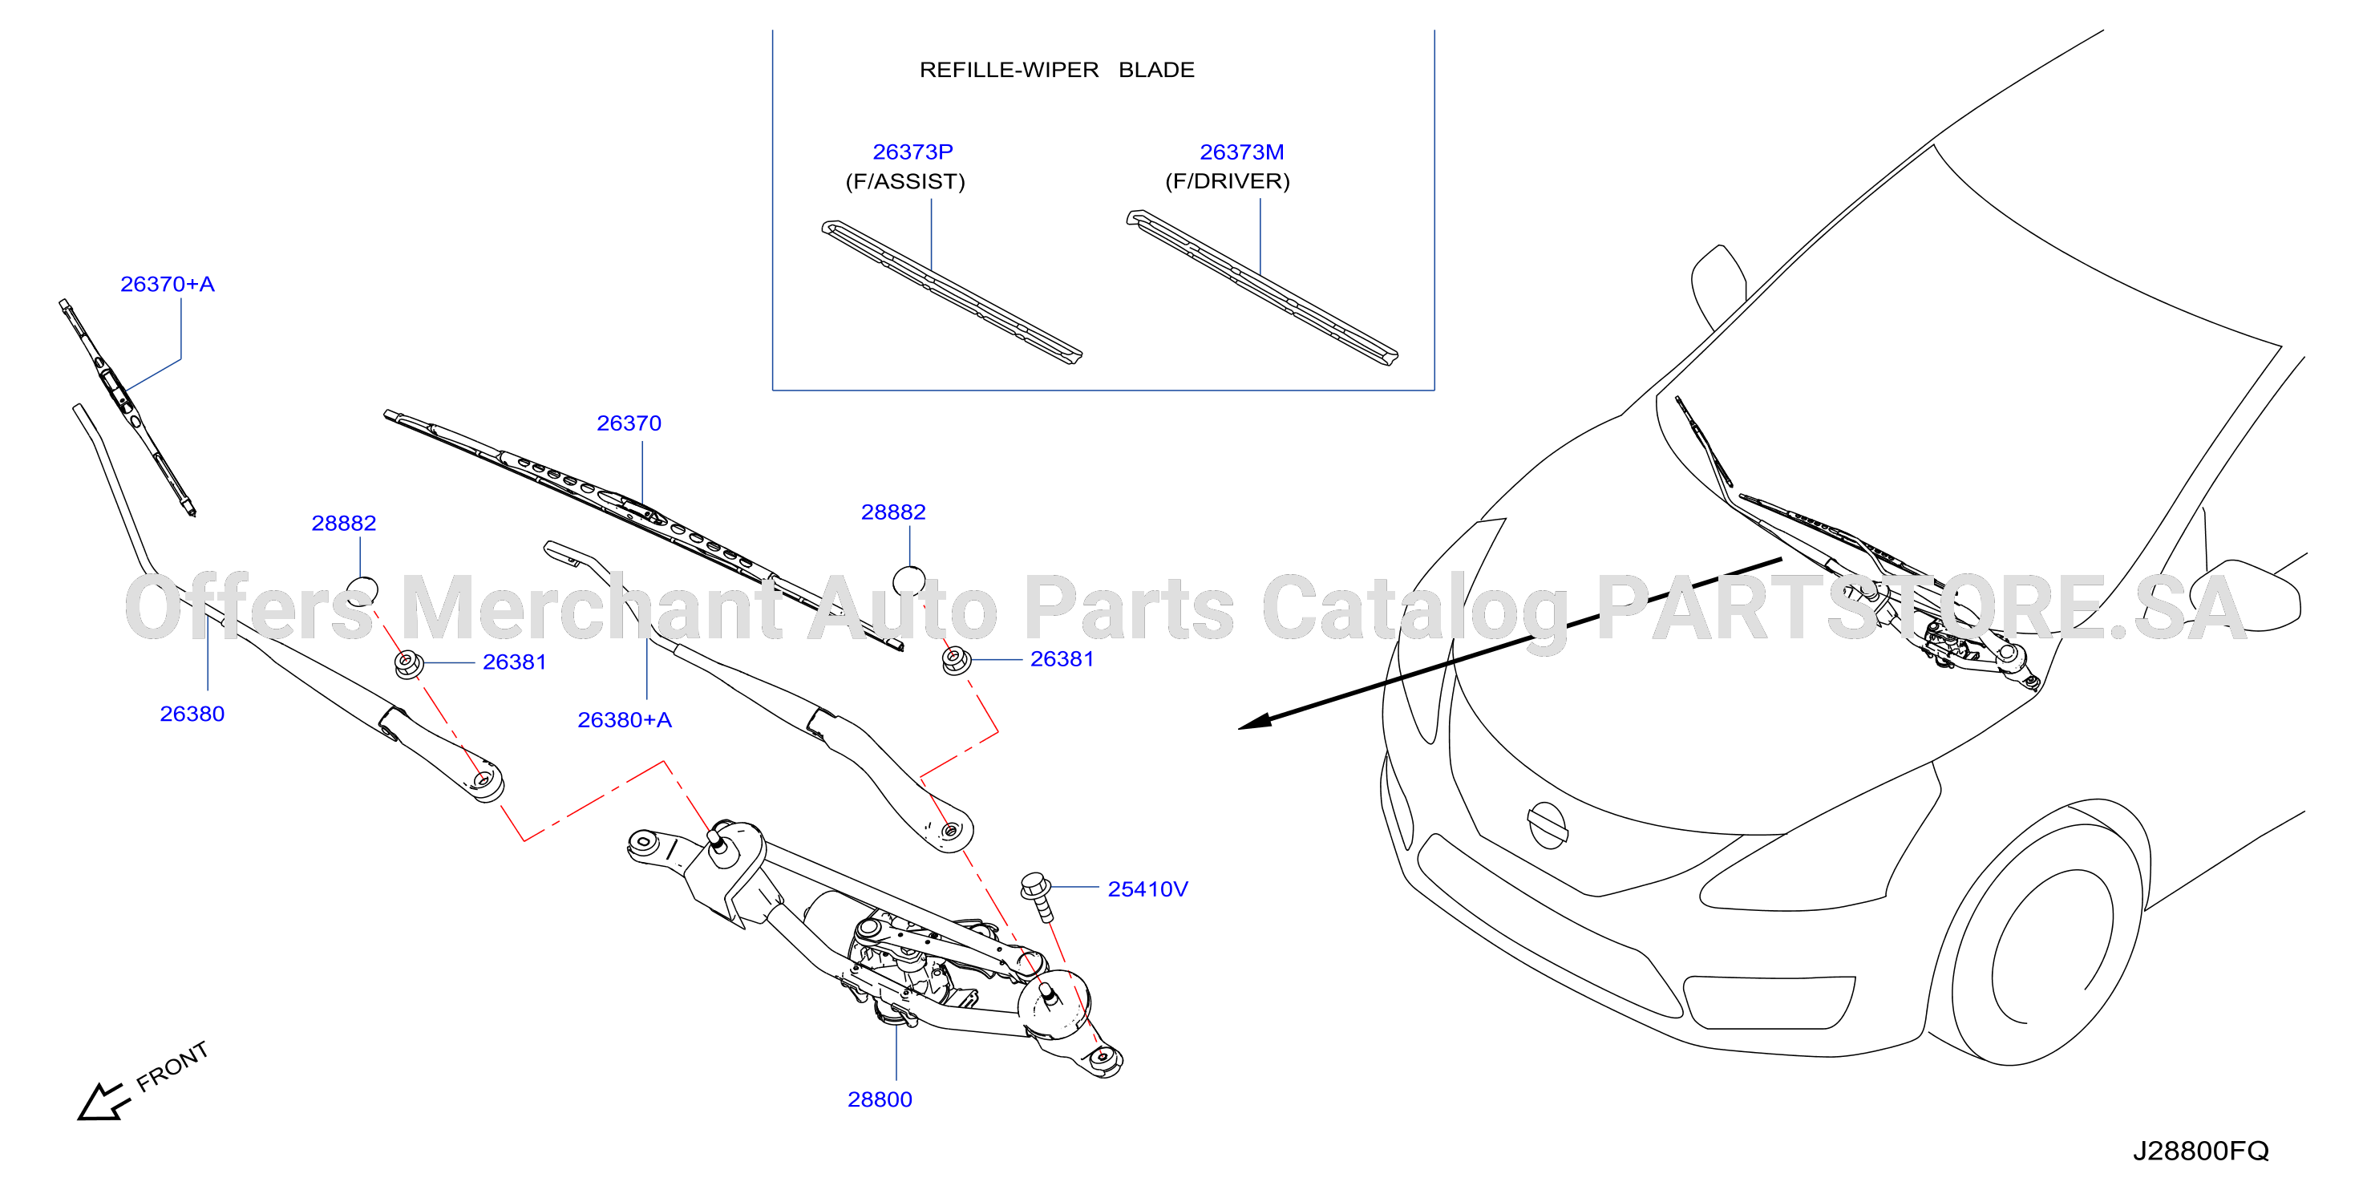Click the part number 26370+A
point(168,284)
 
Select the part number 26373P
point(912,152)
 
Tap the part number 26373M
point(1241,152)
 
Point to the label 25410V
point(1147,888)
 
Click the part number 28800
point(880,1099)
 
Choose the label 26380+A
point(624,719)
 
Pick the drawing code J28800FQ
point(2201,1151)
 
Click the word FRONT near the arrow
point(172,1067)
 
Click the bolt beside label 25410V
point(1038,895)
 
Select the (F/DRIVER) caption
point(1228,181)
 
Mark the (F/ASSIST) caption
point(905,181)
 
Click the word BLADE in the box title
point(1156,70)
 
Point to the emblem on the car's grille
point(1548,824)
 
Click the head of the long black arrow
point(1255,722)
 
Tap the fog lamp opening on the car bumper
point(1768,1002)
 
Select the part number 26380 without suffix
point(192,714)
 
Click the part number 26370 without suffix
point(629,423)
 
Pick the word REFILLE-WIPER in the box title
point(1009,70)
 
